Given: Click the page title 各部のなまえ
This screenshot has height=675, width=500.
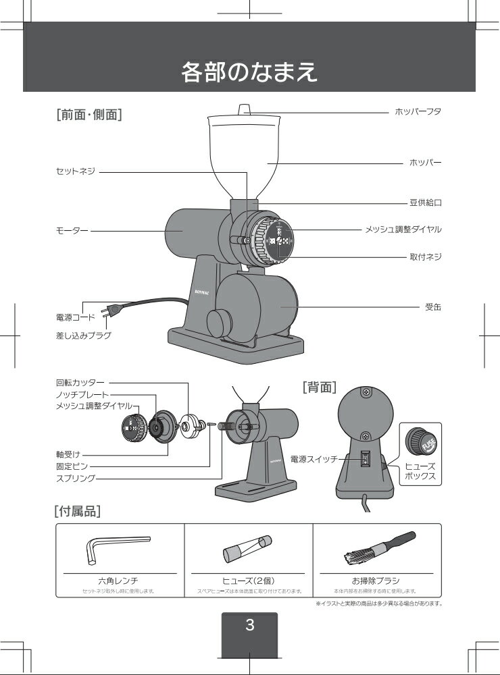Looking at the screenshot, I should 249,72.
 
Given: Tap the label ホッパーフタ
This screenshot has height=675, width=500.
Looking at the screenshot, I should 418,111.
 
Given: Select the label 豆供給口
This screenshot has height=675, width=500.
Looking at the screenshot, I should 425,202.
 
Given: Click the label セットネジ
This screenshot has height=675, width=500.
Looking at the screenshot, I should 75,171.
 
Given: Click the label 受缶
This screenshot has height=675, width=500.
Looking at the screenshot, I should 432,306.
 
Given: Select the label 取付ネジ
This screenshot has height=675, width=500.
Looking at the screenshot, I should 425,256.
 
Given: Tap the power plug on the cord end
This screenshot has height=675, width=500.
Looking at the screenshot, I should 109,311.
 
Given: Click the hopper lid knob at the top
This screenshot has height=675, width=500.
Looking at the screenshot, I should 245,109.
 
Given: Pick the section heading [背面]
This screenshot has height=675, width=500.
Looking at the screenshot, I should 320,387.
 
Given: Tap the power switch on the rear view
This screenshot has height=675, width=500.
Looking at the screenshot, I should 365,460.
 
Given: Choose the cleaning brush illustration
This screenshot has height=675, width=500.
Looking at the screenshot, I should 376,549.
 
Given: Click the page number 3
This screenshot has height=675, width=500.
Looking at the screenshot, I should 249,624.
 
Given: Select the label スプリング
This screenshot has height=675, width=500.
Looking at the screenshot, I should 75,478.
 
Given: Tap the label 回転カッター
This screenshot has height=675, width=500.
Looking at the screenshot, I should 80,383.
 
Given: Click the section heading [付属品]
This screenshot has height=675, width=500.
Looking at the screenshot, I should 77,511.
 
